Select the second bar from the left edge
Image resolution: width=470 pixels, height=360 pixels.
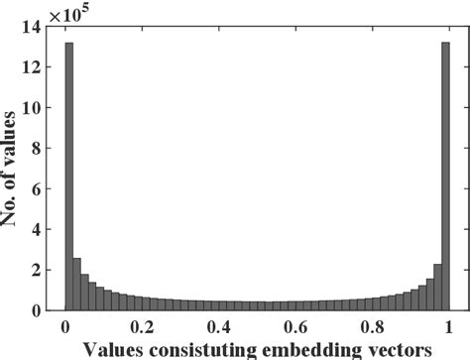click(x=76, y=285)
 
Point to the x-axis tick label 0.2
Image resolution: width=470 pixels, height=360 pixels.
click(x=142, y=325)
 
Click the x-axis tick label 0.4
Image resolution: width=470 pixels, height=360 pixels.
click(x=218, y=325)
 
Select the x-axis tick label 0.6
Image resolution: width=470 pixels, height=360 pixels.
click(x=295, y=325)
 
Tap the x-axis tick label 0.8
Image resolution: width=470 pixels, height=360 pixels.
click(x=372, y=325)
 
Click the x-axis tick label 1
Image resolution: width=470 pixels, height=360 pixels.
click(x=448, y=325)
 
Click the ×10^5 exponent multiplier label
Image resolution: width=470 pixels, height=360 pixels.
click(x=77, y=12)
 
